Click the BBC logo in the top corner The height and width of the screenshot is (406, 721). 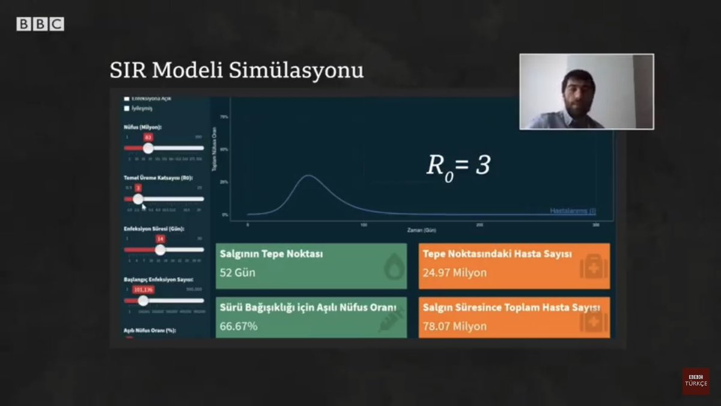[40, 24]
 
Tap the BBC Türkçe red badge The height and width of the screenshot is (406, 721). [695, 381]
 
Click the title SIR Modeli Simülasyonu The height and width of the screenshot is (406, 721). [237, 70]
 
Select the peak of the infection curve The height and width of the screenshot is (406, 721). [308, 176]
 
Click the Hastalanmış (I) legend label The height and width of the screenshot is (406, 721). [573, 211]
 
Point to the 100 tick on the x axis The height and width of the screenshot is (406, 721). [364, 224]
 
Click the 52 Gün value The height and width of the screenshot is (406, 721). [237, 272]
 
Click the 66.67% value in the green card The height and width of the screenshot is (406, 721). [239, 326]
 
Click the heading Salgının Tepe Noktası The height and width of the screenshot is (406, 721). [272, 254]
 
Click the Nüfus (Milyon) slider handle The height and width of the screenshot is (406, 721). [148, 148]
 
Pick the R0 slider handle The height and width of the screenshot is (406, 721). [138, 198]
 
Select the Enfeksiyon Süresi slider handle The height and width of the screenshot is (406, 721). [160, 249]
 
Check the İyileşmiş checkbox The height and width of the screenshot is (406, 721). [127, 108]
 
